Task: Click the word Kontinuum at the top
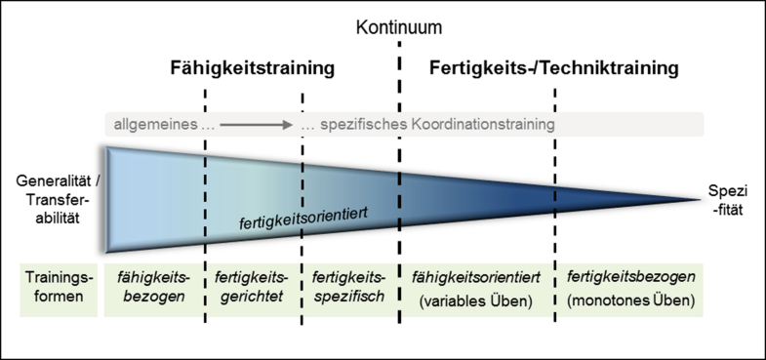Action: (x=398, y=27)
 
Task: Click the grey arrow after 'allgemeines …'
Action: (x=257, y=125)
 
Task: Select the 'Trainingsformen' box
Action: (x=52, y=287)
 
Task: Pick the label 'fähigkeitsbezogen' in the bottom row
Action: (x=152, y=287)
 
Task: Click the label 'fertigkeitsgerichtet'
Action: (x=252, y=287)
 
